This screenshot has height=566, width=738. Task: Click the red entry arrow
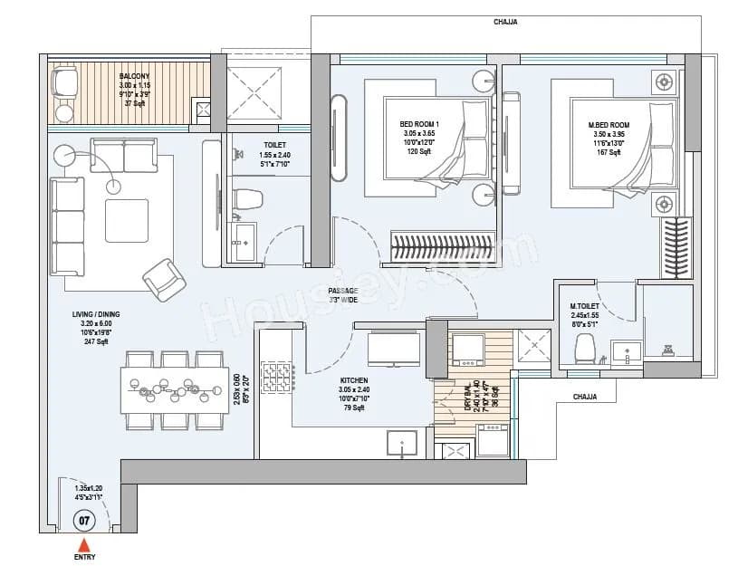point(84,544)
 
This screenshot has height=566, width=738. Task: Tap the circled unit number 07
point(84,521)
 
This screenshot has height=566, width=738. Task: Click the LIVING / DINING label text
point(96,314)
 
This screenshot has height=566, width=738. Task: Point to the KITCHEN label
point(353,381)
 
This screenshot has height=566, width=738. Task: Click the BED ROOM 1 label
point(419,124)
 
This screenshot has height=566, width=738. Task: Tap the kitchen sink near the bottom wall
point(401,443)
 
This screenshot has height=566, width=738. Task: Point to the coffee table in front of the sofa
point(127,220)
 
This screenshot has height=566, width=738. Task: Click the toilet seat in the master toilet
point(585,347)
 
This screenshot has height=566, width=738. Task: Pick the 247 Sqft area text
point(96,341)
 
